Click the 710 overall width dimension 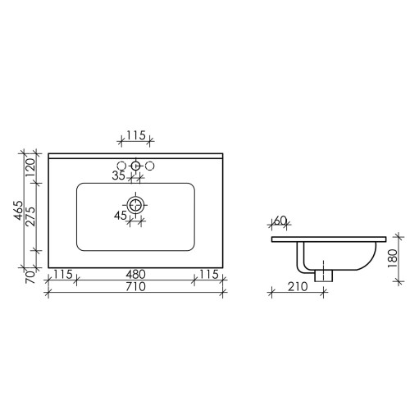coord(135,287)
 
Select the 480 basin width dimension coord(135,274)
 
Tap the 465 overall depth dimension coord(19,210)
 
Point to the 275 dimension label coord(31,216)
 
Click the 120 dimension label coord(31,167)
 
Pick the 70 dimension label coord(31,276)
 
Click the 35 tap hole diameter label coord(118,175)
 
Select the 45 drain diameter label coord(121,216)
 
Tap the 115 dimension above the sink coord(135,135)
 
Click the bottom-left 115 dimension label coord(63,274)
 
